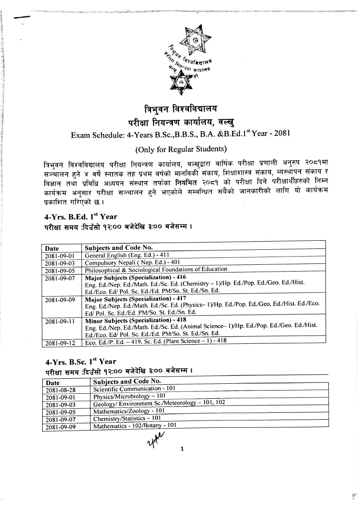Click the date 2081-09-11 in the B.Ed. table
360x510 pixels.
61,322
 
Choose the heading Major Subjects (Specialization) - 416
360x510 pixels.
136,276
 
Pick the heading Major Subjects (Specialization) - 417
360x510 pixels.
136,299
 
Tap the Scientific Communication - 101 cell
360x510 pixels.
134,389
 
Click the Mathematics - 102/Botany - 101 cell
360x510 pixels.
135,426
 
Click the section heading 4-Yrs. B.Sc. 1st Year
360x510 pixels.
81,362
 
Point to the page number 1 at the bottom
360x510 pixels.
182,449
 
